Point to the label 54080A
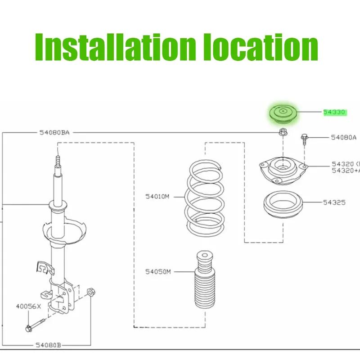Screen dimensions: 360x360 [x=343, y=137]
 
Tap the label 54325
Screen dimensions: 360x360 [x=333, y=202]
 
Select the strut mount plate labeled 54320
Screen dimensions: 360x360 [x=282, y=171]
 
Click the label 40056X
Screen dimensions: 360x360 [x=29, y=307]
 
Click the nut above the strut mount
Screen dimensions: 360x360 [x=283, y=132]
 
